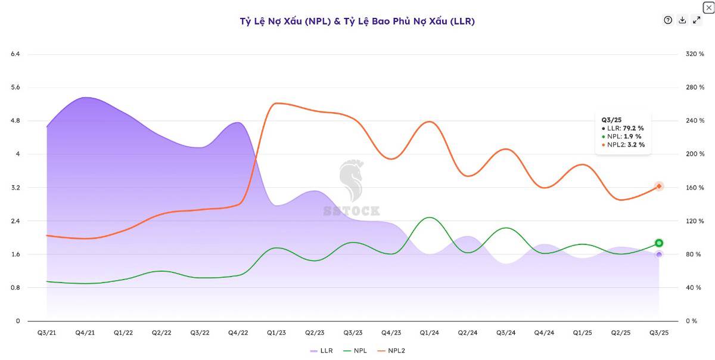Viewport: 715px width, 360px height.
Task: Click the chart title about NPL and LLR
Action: pyautogui.click(x=357, y=21)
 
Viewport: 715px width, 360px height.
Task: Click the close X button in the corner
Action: pyautogui.click(x=708, y=7)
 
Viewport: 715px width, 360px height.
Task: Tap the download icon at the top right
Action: pyautogui.click(x=682, y=20)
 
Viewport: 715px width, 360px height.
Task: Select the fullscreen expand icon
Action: pyautogui.click(x=697, y=20)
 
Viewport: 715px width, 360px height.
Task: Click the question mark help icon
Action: pyautogui.click(x=668, y=20)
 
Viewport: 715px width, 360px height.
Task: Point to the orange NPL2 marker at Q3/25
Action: pyautogui.click(x=659, y=187)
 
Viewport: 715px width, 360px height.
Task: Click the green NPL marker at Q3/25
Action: pyautogui.click(x=659, y=243)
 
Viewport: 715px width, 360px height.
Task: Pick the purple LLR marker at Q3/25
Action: pyautogui.click(x=659, y=255)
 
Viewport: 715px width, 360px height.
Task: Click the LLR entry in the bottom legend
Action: pyautogui.click(x=321, y=350)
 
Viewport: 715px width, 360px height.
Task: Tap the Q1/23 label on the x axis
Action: pyautogui.click(x=276, y=333)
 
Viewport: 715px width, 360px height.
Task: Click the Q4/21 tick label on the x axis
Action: pyautogui.click(x=85, y=333)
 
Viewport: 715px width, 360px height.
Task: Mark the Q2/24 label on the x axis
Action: pyautogui.click(x=468, y=333)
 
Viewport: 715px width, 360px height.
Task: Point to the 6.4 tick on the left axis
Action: pyautogui.click(x=15, y=54)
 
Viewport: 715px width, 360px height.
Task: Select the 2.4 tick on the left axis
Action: pyautogui.click(x=15, y=221)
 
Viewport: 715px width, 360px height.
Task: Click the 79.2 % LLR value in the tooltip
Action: pyautogui.click(x=633, y=128)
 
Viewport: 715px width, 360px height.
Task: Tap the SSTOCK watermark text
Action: pyautogui.click(x=352, y=211)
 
